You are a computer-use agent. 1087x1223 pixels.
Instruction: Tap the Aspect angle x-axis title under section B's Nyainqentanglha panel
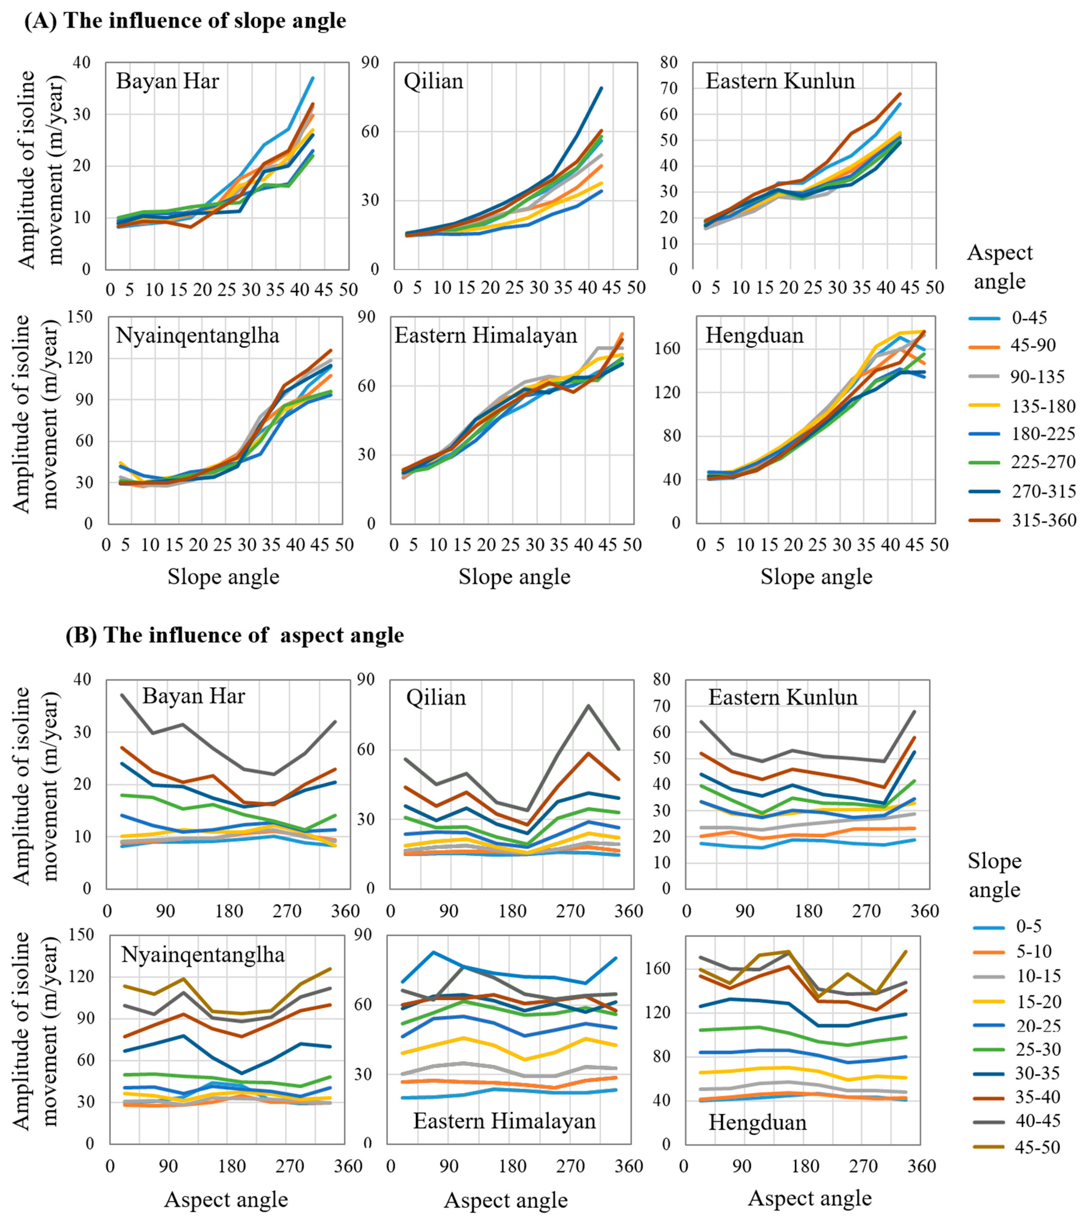(x=226, y=1200)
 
